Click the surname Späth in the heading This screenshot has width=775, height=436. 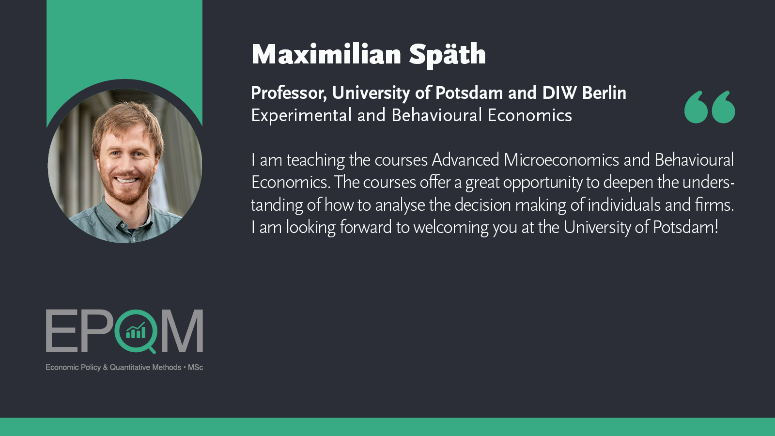coord(447,55)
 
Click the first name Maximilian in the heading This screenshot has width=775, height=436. coord(326,54)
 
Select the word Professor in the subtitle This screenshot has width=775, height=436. coord(289,93)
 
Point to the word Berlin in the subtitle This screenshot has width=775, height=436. coord(604,93)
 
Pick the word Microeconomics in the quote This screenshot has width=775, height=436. coord(561,160)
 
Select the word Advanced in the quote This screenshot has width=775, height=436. coord(465,160)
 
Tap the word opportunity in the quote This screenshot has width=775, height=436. coord(542,183)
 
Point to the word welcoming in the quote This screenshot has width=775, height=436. coord(451,228)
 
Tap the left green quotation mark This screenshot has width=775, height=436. coord(696,107)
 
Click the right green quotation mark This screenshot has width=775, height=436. coord(724,107)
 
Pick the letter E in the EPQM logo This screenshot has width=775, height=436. coord(61,331)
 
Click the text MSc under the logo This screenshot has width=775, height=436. coord(196,368)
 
